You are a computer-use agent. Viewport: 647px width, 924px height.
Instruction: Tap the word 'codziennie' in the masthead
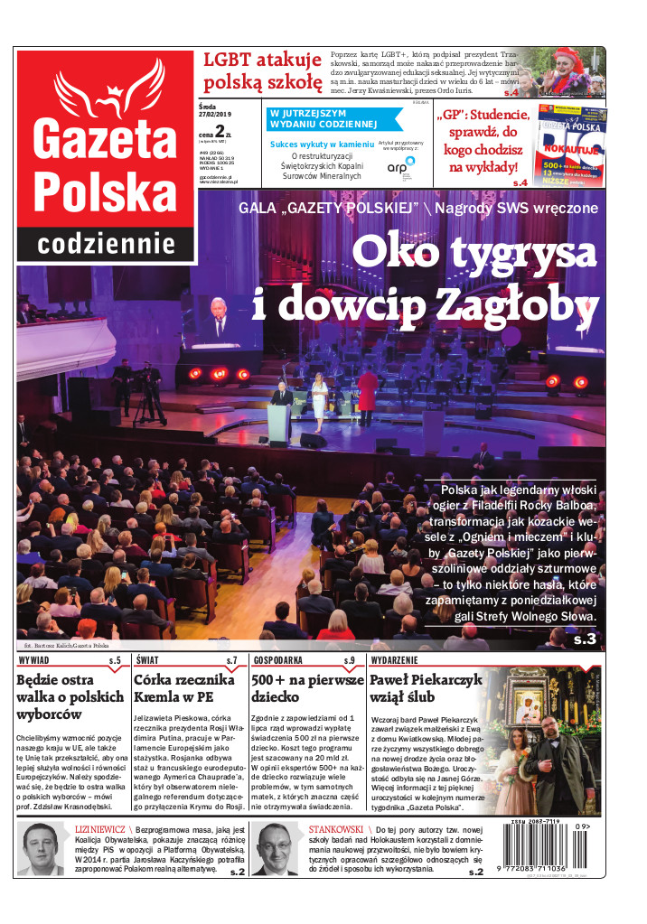point(106,244)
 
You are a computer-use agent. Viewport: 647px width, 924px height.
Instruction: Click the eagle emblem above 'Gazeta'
point(106,87)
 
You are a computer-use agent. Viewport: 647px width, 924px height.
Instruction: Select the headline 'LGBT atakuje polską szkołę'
point(262,72)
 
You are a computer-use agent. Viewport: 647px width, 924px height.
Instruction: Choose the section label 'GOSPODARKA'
point(277,660)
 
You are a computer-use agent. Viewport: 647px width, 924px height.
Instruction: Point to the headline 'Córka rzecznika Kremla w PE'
point(184,689)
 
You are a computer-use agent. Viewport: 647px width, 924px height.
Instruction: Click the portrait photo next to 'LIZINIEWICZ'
point(42,850)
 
